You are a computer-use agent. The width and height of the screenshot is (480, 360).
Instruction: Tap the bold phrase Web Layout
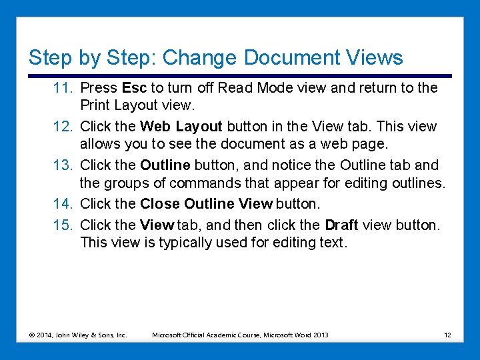point(181,127)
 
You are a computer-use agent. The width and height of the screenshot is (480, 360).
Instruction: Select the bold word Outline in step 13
point(165,165)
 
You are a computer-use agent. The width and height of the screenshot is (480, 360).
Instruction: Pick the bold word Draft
point(342,225)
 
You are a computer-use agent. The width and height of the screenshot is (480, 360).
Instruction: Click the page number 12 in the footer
point(447,335)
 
